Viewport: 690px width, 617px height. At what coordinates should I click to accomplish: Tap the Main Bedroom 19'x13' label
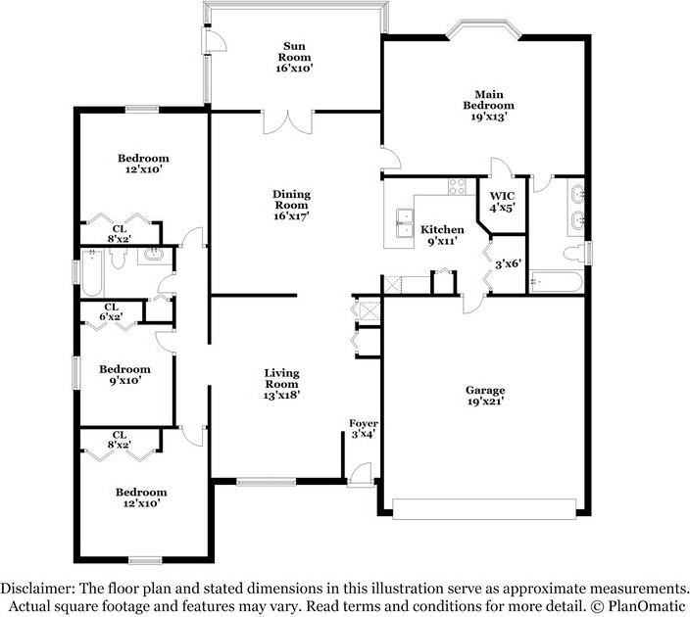(488, 106)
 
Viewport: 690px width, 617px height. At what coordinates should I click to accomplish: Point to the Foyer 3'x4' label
(364, 429)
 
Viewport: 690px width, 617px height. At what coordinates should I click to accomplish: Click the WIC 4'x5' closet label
(502, 202)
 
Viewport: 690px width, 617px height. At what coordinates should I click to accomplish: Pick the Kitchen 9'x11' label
(442, 235)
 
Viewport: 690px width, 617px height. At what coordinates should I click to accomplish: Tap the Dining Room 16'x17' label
(291, 205)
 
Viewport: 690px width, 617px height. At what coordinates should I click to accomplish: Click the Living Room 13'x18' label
(281, 384)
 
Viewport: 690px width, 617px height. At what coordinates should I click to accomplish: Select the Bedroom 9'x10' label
(125, 375)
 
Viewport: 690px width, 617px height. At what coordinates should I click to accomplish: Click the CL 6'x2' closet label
(112, 311)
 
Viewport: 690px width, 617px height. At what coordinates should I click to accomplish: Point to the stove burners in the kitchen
(457, 186)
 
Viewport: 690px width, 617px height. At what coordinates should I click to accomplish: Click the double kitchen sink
(405, 223)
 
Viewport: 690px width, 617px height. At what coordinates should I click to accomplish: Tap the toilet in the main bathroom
(573, 255)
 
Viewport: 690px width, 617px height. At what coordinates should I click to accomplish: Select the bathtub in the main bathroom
(557, 282)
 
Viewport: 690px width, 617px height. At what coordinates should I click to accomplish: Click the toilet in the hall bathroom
(118, 259)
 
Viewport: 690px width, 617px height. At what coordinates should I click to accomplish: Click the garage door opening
(484, 509)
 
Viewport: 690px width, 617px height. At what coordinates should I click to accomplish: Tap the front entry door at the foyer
(361, 475)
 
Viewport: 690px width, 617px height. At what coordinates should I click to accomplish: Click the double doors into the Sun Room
(288, 122)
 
